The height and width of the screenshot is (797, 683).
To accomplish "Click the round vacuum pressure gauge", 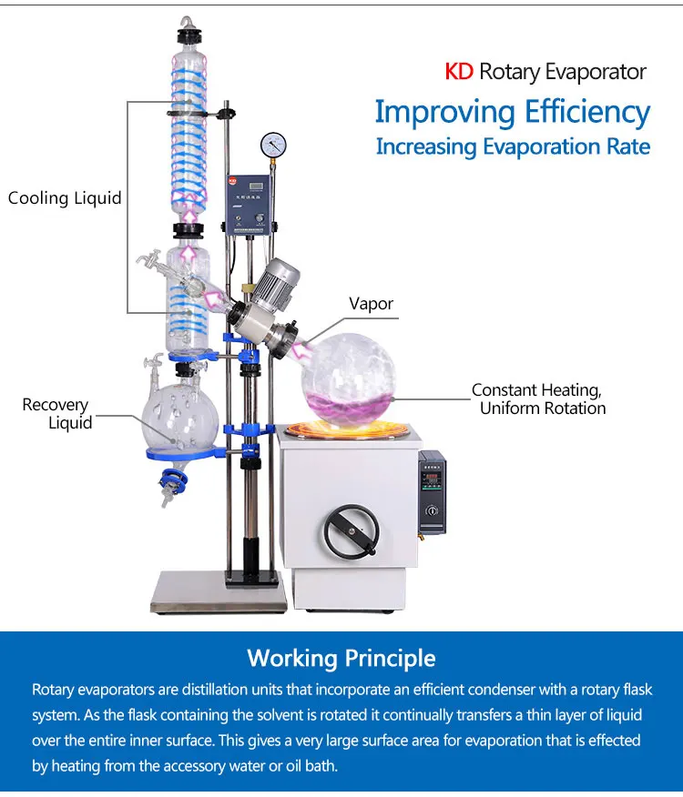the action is [x=273, y=145].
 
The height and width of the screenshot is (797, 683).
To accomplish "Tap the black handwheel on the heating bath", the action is [x=352, y=530].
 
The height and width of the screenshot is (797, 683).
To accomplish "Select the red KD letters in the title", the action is [x=459, y=72].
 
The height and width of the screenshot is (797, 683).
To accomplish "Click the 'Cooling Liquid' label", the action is [x=65, y=197].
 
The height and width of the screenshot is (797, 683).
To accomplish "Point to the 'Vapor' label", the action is [x=371, y=304].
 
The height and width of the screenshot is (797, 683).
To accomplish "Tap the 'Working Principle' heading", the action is [x=341, y=658].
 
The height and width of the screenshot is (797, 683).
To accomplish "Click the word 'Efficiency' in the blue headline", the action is [x=587, y=112].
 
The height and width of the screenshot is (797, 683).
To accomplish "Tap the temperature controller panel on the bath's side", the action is [x=432, y=491].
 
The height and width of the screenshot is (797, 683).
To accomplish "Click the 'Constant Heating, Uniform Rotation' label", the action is [x=538, y=399].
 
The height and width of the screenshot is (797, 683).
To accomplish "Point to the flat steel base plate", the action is [x=219, y=591].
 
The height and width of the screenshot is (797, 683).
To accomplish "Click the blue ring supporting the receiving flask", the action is [x=183, y=453].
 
